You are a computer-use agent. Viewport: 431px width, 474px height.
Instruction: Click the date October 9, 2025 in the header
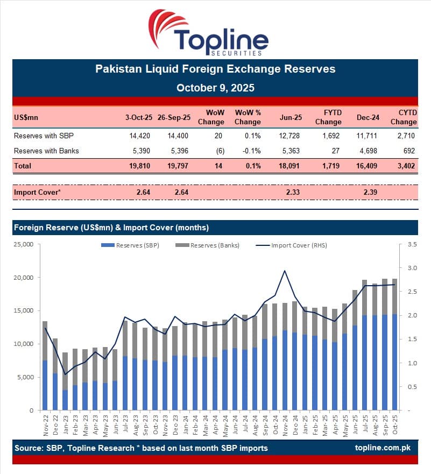215,87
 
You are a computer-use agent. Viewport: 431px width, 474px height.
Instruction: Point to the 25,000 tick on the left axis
23,244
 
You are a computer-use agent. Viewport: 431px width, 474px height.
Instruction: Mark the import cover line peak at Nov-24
284,271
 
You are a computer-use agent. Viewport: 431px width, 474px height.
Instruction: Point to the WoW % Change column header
248,117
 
